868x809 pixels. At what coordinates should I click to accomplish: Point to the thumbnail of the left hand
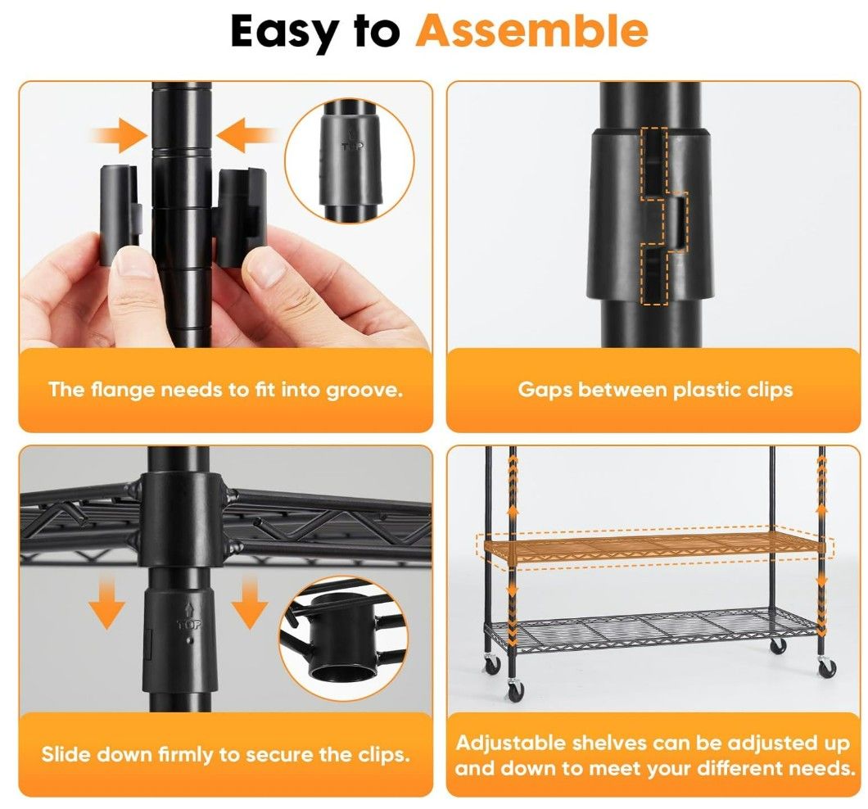[132, 268]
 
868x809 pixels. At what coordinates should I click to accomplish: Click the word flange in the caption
[122, 391]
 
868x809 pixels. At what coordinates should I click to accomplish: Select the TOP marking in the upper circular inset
[353, 146]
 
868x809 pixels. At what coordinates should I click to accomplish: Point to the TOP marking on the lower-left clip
[190, 625]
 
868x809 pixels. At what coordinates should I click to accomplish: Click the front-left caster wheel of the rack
[515, 689]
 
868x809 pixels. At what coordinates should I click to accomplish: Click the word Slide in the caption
[69, 755]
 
